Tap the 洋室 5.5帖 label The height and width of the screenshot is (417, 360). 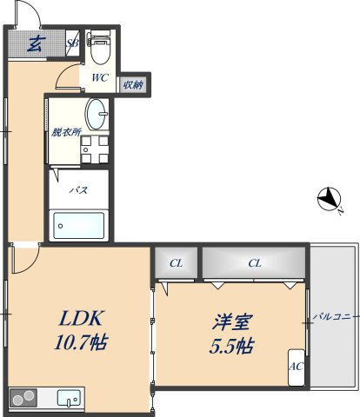point(230,333)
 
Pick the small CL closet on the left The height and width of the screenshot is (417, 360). point(176,263)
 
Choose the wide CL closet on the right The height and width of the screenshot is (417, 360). point(254,263)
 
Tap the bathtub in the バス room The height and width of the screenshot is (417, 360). point(79,226)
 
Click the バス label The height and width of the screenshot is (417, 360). point(79,190)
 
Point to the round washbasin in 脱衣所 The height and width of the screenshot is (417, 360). point(97,113)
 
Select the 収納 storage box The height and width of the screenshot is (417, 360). point(132,85)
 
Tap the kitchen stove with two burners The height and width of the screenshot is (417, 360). point(24,399)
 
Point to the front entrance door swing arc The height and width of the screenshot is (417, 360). point(26,15)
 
